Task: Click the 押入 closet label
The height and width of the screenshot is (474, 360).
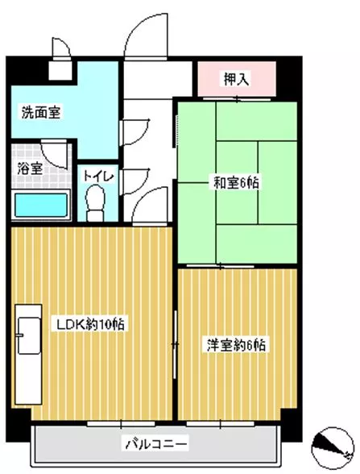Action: (236, 79)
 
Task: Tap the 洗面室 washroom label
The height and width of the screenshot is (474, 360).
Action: (41, 112)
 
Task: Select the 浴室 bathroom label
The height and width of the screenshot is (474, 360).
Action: (30, 168)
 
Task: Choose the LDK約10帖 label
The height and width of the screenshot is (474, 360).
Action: (90, 324)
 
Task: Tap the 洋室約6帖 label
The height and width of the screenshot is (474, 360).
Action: (236, 345)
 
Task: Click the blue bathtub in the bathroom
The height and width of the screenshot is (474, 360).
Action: (41, 206)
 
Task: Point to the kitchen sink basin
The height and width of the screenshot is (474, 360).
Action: (29, 335)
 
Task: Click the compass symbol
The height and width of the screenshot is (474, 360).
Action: (332, 447)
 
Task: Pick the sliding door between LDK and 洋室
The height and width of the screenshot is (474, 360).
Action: (175, 344)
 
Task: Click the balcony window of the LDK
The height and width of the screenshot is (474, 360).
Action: (121, 424)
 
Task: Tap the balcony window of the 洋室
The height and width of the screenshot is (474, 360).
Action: (220, 424)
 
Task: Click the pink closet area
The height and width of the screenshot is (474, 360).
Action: (237, 79)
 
